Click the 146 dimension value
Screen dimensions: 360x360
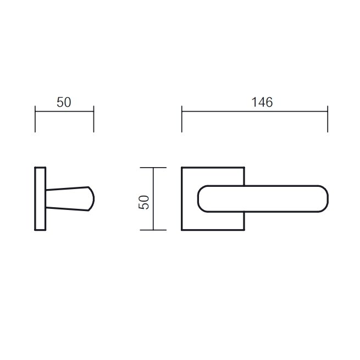(262, 102)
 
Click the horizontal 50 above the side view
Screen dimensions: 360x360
(64, 102)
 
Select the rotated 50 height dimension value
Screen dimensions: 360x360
(143, 202)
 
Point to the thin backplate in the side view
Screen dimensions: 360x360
(40, 198)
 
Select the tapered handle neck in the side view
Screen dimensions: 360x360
(67, 198)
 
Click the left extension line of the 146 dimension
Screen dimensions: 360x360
(182, 119)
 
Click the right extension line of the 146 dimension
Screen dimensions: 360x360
(328, 119)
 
